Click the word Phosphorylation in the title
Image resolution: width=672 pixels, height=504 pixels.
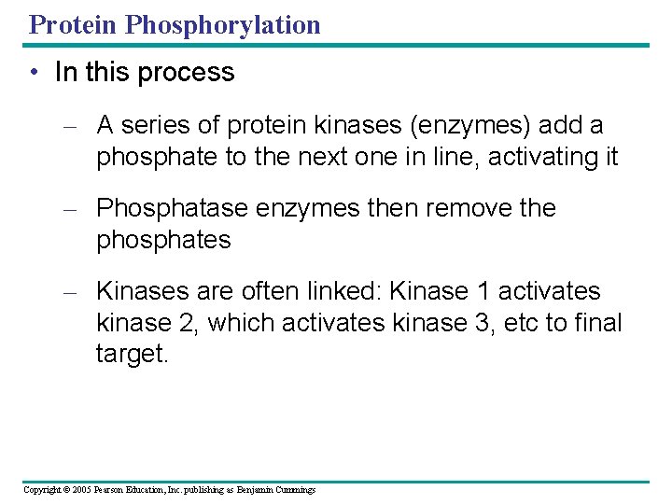[x=223, y=25]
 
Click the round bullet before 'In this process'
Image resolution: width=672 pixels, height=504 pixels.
[x=33, y=73]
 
